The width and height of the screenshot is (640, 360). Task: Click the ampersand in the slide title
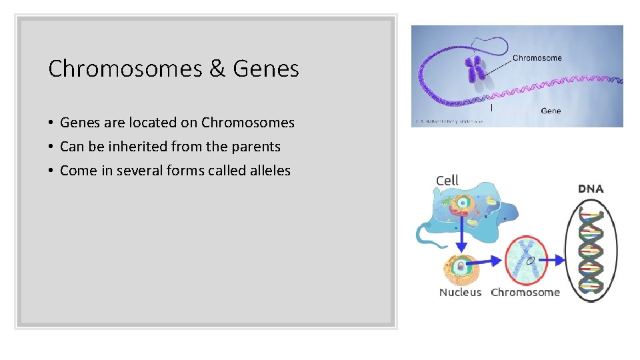click(x=218, y=69)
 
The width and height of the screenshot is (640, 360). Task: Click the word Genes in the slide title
click(x=266, y=69)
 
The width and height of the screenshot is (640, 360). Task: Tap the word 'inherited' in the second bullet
click(x=139, y=147)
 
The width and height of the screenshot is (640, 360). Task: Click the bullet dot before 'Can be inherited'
click(x=51, y=147)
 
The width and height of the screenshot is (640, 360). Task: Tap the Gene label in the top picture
click(x=551, y=111)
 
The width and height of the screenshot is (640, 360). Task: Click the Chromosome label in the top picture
click(x=537, y=58)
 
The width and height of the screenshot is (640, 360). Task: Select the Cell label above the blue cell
click(x=447, y=181)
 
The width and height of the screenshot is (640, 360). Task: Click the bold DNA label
click(x=590, y=189)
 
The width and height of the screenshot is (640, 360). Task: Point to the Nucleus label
click(x=460, y=292)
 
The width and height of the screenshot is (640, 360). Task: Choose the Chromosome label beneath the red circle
click(x=525, y=292)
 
